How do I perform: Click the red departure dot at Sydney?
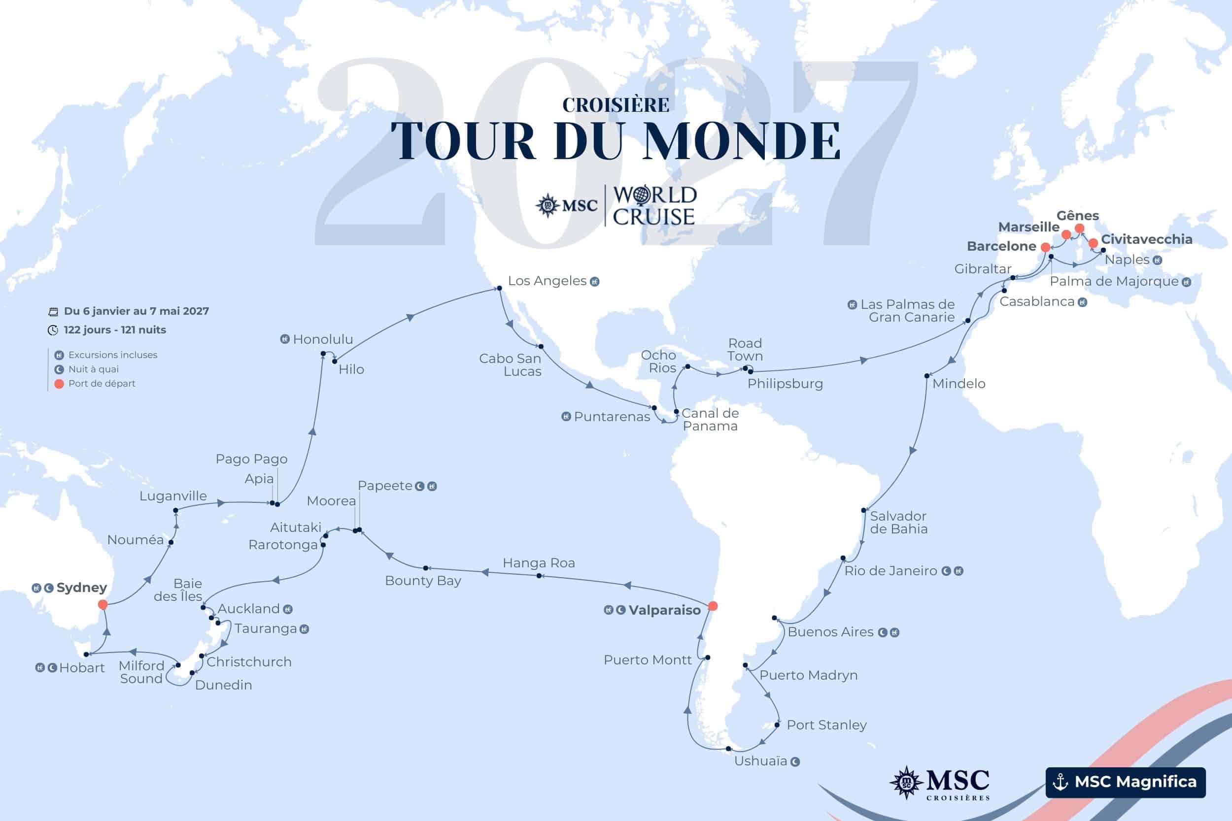pos(103,604)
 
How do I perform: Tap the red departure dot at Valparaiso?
pos(713,606)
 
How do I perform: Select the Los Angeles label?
pos(547,281)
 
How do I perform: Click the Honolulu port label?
pos(323,339)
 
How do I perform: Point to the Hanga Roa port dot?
pos(539,576)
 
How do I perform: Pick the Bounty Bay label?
pos(423,581)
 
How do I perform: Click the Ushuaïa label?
pos(760,761)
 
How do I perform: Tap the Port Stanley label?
pos(826,724)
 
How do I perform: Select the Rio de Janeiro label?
pos(890,571)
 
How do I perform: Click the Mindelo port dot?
pos(926,375)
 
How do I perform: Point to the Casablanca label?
pos(1037,301)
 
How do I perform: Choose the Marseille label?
pos(1029,227)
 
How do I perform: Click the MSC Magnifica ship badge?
pos(1125,782)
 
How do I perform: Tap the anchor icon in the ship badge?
pos(1060,782)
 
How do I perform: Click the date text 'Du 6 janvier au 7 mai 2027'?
pos(136,311)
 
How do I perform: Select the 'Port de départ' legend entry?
pos(102,383)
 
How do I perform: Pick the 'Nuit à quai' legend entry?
pos(93,369)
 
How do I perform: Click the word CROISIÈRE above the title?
pos(616,105)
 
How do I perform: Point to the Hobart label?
pos(82,668)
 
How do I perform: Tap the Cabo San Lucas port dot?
pos(541,347)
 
